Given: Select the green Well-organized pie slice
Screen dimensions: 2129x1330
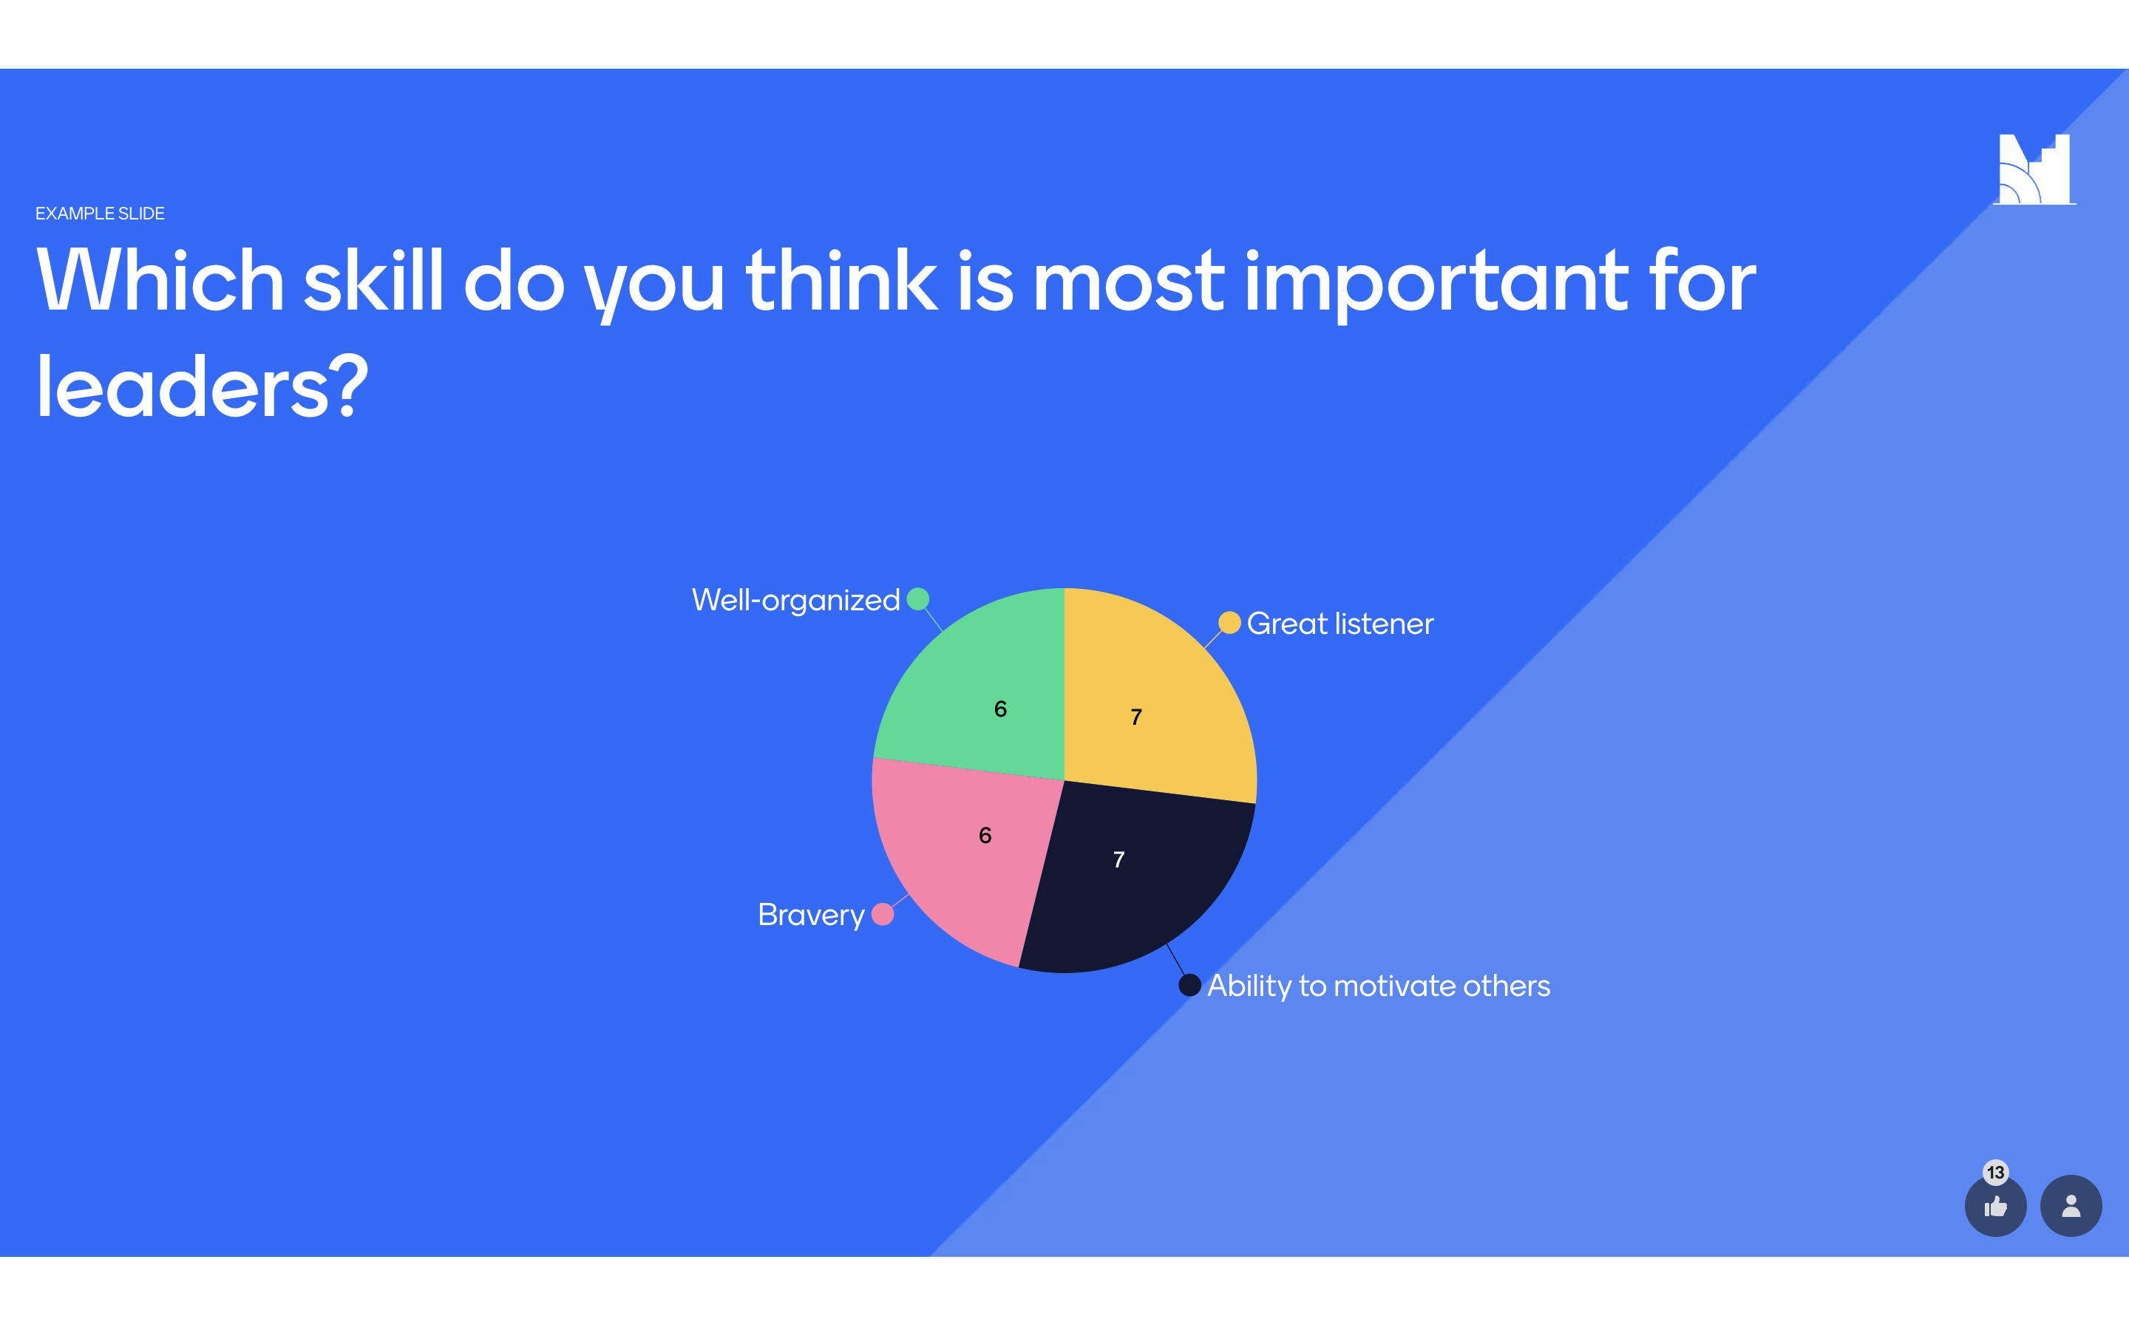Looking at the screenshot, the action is coord(985,695).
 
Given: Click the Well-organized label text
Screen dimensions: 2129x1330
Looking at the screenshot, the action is coord(795,600).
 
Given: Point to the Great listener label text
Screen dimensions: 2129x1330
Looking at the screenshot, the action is coord(1339,624).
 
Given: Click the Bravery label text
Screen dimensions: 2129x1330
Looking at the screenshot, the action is coord(811,915).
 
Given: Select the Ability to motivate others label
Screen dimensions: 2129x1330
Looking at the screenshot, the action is coord(1379,986).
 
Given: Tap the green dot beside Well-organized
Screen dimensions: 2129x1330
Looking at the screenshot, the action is coord(917,599).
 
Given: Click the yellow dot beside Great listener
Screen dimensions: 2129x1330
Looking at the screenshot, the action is coord(1229,623).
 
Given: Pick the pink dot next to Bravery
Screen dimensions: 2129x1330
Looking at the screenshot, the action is coord(883,915).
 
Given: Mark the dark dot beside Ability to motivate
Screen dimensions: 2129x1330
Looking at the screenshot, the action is coord(1189,985).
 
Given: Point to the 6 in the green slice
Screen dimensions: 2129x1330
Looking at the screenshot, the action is coord(1000,709).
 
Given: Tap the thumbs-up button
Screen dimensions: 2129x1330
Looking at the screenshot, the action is coord(1995,1206).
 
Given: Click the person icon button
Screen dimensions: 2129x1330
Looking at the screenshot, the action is coord(2071,1206).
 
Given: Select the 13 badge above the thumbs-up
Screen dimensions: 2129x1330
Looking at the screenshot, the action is coord(1995,1173).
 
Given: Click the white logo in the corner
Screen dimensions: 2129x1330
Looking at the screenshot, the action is coord(2034,169).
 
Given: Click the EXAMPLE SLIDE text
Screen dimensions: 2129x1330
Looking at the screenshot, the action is coord(99,214).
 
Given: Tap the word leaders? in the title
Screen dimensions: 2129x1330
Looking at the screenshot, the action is coord(202,387).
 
